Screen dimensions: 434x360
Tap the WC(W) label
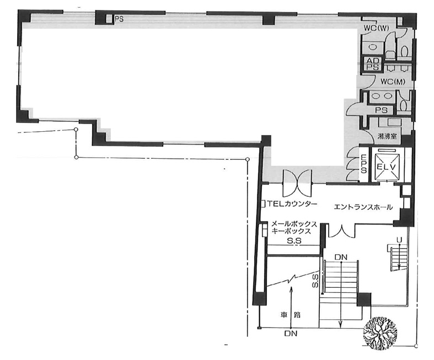coord(376,28)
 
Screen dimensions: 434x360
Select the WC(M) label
coord(393,82)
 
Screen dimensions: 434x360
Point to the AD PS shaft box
coord(372,64)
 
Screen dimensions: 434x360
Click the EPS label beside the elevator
coord(364,164)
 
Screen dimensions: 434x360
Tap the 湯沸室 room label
coord(387,136)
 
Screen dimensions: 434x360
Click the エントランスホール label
coord(363,207)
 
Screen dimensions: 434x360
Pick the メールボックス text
coord(294,224)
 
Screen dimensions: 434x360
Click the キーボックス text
coord(291,231)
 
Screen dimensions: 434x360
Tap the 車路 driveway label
coord(291,315)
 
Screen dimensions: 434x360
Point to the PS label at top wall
coord(119,19)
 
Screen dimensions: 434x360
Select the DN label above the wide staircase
coord(341,257)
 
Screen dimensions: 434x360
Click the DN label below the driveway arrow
coord(291,334)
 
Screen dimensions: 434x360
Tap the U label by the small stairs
coord(399,240)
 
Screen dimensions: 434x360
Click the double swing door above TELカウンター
coord(297,182)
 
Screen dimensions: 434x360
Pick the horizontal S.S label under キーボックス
coord(294,241)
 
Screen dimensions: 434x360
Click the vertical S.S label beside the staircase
coord(315,281)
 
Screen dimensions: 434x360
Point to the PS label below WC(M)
coord(381,110)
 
